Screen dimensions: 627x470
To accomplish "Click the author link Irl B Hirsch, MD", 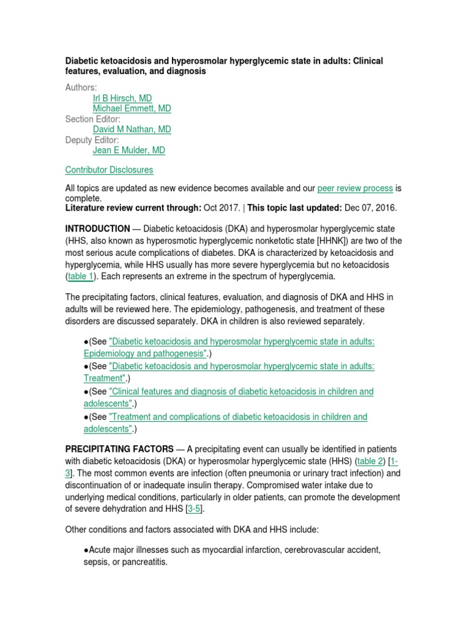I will (x=122, y=98).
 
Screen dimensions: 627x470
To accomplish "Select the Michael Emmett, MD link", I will (x=132, y=108).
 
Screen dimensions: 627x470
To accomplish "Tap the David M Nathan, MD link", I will (x=132, y=129).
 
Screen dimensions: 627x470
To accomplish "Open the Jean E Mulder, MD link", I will (x=129, y=150).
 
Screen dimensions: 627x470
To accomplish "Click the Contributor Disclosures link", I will (x=109, y=170).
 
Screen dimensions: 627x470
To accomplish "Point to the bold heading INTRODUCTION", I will (x=97, y=228).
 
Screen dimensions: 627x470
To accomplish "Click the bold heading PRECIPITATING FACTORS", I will (x=119, y=448).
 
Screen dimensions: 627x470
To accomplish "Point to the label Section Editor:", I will (x=92, y=119).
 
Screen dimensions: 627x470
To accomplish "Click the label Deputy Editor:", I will (x=92, y=140).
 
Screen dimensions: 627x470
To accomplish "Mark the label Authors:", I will (x=81, y=88).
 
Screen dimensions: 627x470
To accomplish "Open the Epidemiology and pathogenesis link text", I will (x=146, y=353).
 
